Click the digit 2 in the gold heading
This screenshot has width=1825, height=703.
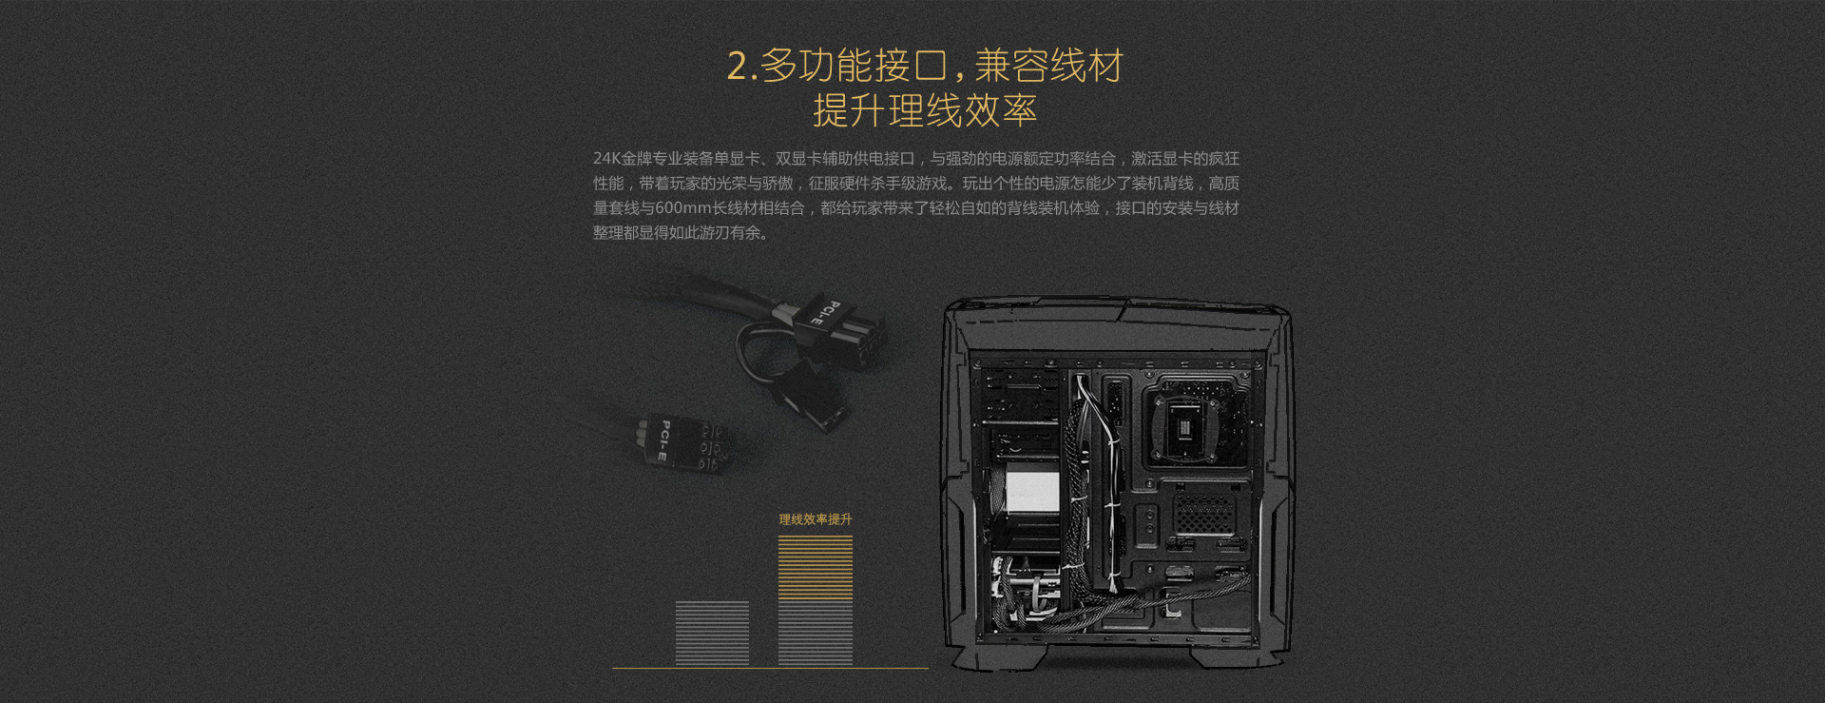(738, 67)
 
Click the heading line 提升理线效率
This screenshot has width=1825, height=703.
(925, 111)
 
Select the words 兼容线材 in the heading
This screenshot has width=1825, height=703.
(1049, 66)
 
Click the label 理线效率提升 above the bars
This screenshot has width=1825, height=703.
(816, 519)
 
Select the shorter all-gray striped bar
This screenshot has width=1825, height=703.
(712, 633)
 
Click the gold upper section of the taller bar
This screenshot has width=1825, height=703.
(816, 567)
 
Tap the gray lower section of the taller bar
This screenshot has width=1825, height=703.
(816, 633)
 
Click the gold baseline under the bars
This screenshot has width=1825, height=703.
(770, 668)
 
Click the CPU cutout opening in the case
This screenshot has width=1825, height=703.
(1187, 424)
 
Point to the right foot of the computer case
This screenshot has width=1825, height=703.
(1240, 657)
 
